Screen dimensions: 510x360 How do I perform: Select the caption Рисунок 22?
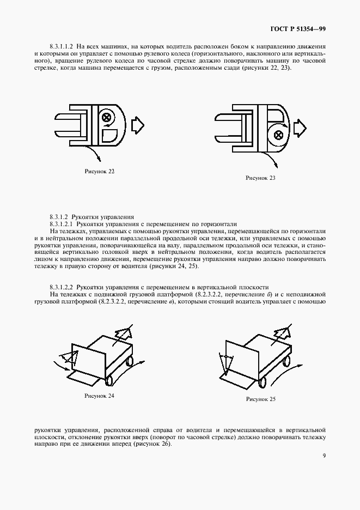click(x=100, y=171)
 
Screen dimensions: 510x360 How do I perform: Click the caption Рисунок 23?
click(x=260, y=178)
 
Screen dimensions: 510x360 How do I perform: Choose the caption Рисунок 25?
click(x=260, y=399)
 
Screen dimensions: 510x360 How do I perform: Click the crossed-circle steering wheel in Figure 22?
click(x=106, y=117)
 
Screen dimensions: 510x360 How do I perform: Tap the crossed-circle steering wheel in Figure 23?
click(x=278, y=134)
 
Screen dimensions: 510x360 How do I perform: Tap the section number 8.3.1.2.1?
click(x=62, y=224)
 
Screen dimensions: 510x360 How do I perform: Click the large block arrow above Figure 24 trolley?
click(x=124, y=332)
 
